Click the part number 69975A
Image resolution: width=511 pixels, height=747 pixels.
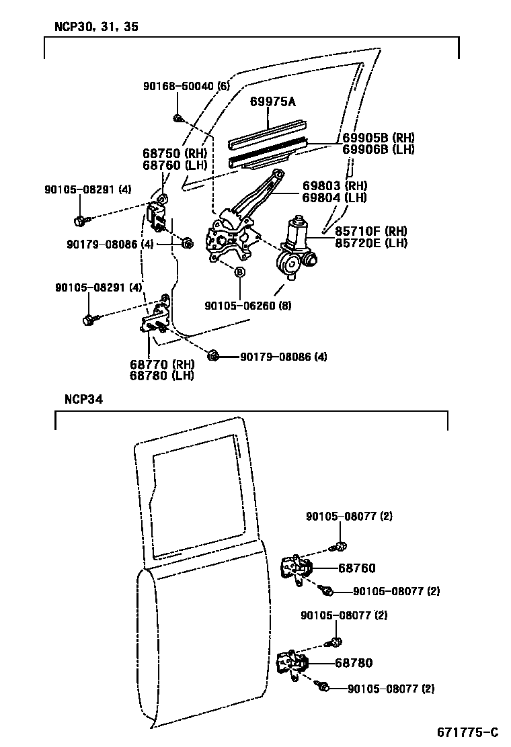point(273,101)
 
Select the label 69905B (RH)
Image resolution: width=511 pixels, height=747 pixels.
point(378,138)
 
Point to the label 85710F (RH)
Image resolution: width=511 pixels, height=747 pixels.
point(370,230)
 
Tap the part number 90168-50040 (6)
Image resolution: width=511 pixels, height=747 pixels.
point(186,86)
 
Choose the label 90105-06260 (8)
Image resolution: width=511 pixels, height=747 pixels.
point(248,305)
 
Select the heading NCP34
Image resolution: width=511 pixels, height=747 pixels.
point(83,399)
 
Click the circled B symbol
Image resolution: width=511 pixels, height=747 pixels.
point(239,272)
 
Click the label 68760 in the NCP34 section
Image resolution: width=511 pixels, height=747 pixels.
point(356,568)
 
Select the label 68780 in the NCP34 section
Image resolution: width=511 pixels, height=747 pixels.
point(354,663)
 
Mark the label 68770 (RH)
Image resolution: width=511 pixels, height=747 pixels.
point(161,364)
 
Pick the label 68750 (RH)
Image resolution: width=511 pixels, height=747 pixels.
point(174,153)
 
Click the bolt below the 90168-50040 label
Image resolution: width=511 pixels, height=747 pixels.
point(178,119)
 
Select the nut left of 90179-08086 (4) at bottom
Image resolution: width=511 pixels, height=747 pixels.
point(213,355)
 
